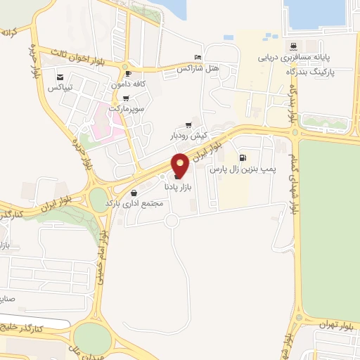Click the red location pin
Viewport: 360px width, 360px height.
(x=180, y=165)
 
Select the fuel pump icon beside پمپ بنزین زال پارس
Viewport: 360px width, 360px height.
(x=243, y=157)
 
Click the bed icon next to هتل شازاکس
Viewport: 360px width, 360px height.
(x=198, y=58)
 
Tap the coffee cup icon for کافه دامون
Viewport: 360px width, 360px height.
(x=127, y=72)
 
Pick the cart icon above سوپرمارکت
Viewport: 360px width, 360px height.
(x=126, y=98)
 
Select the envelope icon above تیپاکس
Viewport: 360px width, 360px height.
(x=60, y=77)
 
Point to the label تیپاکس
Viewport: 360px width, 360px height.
(x=60, y=88)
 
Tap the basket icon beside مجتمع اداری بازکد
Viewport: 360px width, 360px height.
(x=134, y=192)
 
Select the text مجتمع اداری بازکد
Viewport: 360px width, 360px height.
(x=134, y=203)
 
